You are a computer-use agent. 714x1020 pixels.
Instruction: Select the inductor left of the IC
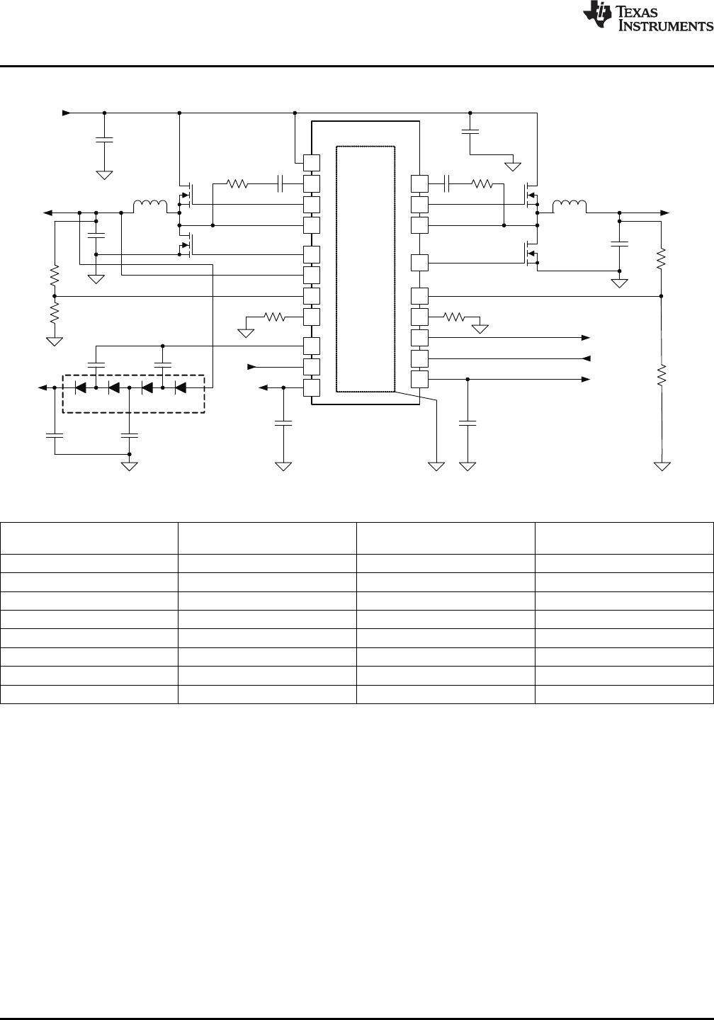click(x=151, y=206)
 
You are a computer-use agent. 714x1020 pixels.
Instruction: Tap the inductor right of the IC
click(x=569, y=206)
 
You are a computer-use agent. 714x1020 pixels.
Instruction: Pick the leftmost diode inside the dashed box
click(x=80, y=387)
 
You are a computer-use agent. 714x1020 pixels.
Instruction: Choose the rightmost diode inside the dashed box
click(x=180, y=387)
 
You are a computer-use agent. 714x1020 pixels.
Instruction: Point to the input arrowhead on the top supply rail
click(x=67, y=112)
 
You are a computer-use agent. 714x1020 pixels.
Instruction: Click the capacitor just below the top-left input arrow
click(x=104, y=140)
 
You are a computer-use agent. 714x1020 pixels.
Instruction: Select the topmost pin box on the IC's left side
click(x=311, y=161)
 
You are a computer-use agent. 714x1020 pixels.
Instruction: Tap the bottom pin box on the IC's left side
click(x=311, y=387)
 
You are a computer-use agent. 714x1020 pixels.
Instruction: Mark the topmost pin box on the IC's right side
click(x=419, y=183)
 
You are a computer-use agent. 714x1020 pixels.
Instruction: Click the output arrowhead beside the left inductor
click(x=47, y=212)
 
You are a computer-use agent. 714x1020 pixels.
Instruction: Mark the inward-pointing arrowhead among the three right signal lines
click(x=585, y=358)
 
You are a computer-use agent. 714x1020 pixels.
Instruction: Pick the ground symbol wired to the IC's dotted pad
click(x=436, y=465)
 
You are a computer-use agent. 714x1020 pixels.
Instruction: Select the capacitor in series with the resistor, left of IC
click(x=281, y=184)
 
